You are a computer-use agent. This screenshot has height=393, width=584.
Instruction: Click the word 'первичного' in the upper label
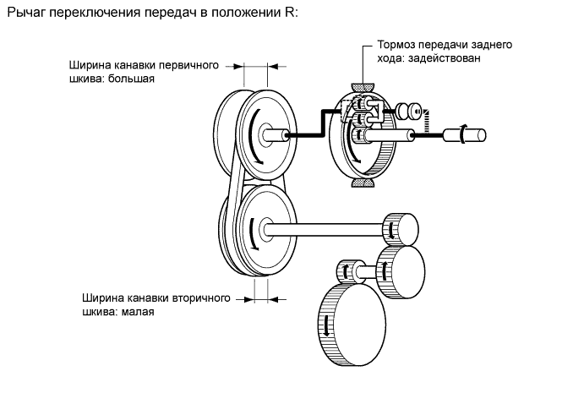183,65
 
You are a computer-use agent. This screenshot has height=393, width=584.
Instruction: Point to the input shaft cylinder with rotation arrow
472,134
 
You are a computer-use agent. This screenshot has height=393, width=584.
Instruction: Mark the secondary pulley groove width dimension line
260,297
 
